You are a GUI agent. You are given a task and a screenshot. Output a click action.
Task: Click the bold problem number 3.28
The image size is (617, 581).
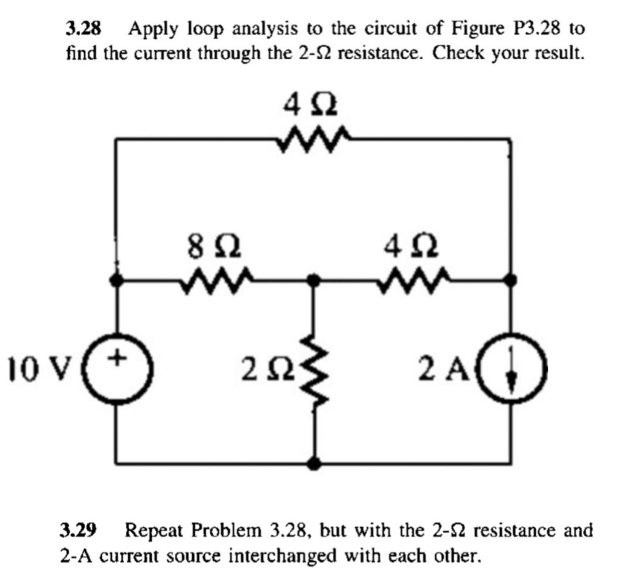point(83,27)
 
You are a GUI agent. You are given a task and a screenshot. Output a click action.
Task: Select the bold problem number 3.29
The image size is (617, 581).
point(80,530)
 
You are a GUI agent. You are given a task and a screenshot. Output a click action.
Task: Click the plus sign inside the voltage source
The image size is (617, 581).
point(118,359)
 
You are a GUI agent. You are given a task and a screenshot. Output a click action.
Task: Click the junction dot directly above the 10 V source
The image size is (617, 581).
point(118,281)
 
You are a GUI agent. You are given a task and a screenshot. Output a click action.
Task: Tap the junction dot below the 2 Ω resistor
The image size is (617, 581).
point(313,462)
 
